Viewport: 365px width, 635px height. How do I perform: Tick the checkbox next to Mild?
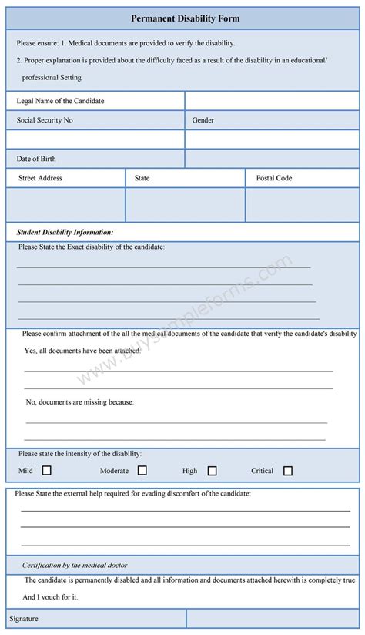pyautogui.click(x=47, y=470)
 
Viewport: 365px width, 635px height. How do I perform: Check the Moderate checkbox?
pyautogui.click(x=142, y=470)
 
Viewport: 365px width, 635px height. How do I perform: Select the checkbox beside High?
pyautogui.click(x=212, y=471)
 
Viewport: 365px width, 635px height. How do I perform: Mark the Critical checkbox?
pyautogui.click(x=288, y=471)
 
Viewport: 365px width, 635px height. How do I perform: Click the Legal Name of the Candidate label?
pyautogui.click(x=60, y=101)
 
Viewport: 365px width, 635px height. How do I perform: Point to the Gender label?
pyautogui.click(x=203, y=120)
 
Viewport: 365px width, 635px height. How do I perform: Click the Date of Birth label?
pyautogui.click(x=36, y=159)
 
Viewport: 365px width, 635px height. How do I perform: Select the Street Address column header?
pyautogui.click(x=40, y=178)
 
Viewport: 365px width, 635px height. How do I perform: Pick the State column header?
pyautogui.click(x=142, y=178)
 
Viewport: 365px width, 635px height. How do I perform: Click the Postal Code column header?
pyautogui.click(x=274, y=178)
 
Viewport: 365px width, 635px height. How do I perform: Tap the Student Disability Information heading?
pyautogui.click(x=65, y=231)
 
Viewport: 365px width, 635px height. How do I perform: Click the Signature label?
pyautogui.click(x=24, y=619)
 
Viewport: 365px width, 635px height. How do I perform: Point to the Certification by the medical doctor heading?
pyautogui.click(x=75, y=565)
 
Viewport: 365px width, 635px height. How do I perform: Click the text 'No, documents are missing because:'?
pyautogui.click(x=80, y=401)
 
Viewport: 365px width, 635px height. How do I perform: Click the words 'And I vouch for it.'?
pyautogui.click(x=50, y=596)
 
